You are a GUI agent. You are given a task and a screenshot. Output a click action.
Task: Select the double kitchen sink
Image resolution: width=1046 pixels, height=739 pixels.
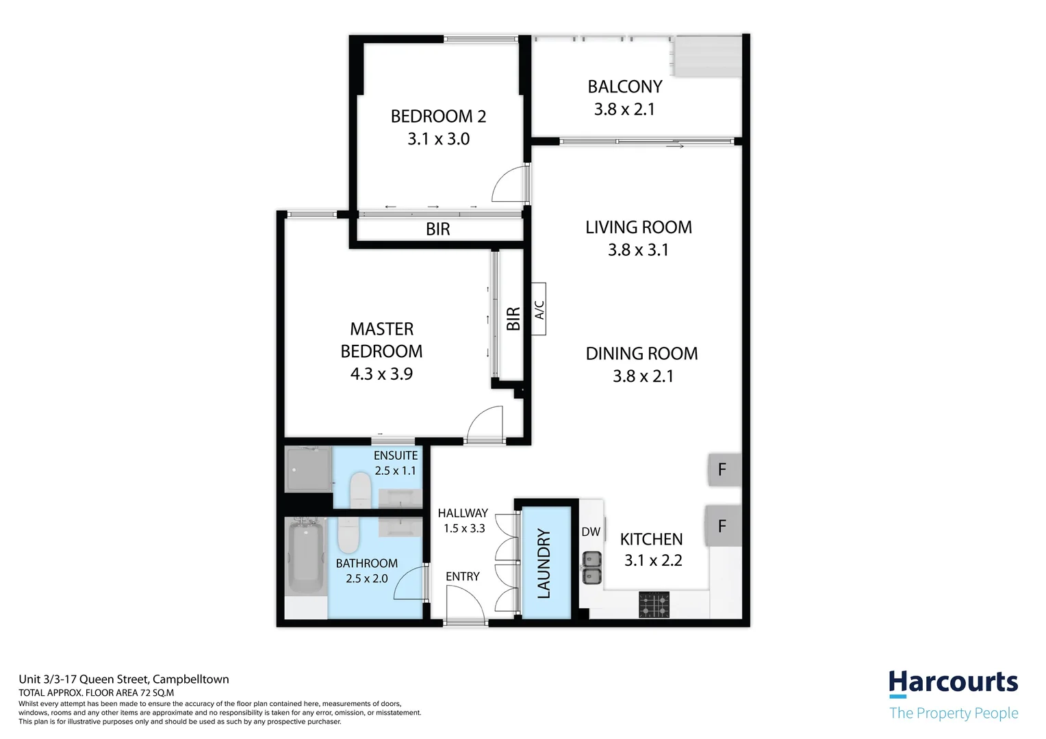coord(591,568)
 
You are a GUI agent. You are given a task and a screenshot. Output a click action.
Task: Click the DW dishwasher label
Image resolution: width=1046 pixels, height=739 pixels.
coord(591,532)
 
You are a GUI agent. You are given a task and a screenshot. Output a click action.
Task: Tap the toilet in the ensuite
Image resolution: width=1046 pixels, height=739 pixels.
coord(360,491)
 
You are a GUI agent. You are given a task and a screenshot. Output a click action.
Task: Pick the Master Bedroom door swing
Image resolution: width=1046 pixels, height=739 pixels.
coord(485,424)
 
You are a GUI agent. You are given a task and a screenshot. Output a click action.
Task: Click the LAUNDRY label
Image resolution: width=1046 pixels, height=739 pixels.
coord(544,563)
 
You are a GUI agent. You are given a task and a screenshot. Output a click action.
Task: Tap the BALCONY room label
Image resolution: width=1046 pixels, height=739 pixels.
coord(624,87)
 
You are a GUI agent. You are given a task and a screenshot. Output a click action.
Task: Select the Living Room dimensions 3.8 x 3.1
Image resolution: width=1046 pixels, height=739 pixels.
coord(638,250)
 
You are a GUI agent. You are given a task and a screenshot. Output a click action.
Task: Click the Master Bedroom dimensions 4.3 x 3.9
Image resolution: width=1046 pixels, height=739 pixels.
coord(381,374)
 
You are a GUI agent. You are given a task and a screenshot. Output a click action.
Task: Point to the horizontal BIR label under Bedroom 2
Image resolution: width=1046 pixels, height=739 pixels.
coord(437,229)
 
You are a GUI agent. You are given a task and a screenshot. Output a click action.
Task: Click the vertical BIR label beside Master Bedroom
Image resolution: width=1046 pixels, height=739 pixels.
coord(513,319)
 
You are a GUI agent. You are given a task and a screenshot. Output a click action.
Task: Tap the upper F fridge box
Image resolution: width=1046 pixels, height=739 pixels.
coord(723,469)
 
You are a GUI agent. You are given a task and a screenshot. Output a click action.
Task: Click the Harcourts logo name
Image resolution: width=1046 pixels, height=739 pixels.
coord(953,683)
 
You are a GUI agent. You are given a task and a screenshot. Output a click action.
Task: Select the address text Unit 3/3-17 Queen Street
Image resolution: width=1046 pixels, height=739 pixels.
coord(124,679)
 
